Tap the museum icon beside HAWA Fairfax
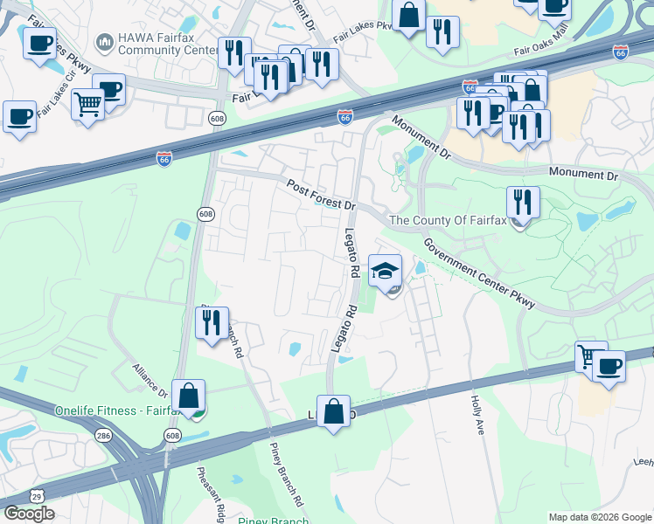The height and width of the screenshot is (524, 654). click(105, 41)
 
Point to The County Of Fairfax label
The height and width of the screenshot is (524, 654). click(447, 221)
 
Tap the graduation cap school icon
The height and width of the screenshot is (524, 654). click(385, 272)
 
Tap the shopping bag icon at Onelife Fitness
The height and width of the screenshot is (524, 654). click(188, 396)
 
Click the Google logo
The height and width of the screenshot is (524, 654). click(28, 514)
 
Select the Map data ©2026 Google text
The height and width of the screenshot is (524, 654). click(600, 517)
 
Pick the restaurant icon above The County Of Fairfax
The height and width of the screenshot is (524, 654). click(523, 203)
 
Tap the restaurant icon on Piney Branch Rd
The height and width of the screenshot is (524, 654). click(212, 324)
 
